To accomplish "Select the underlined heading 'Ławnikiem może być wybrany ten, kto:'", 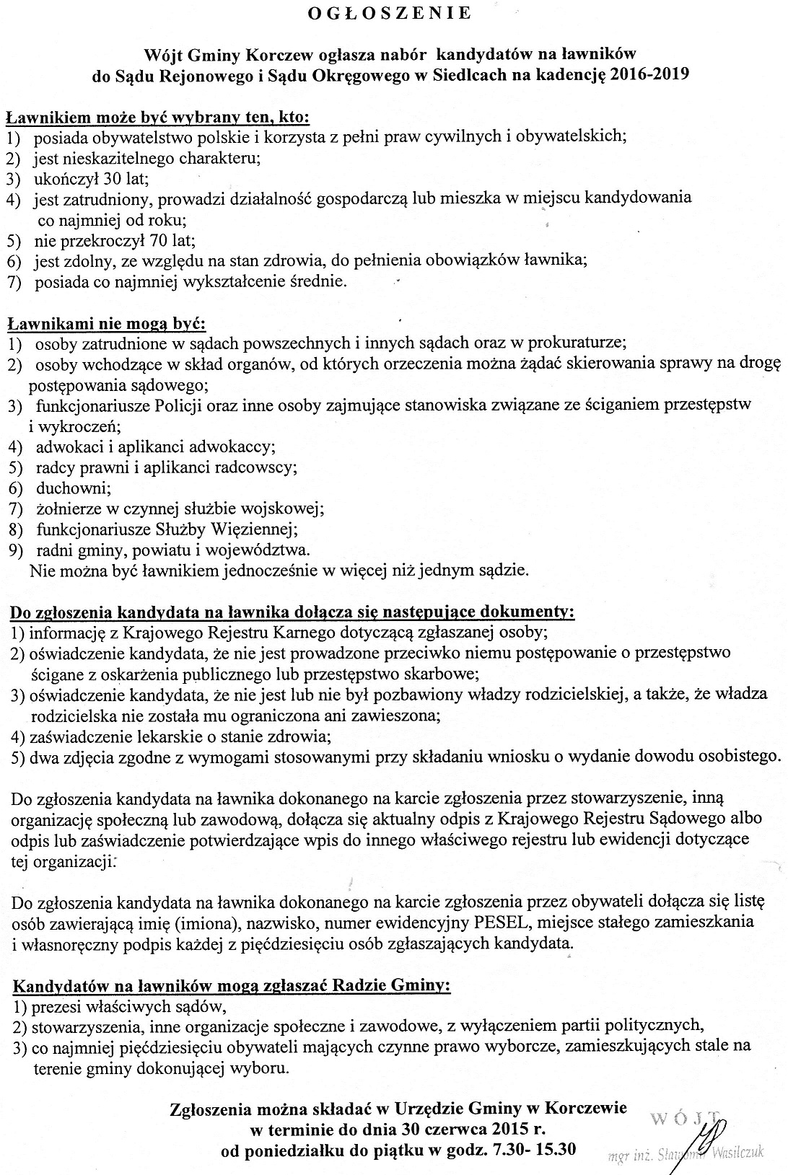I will tap(157, 117).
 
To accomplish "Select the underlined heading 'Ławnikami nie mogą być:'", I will tap(107, 322).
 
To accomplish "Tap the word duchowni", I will tap(69, 488).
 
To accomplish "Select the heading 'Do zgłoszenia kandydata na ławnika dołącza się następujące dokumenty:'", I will tap(292, 613).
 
